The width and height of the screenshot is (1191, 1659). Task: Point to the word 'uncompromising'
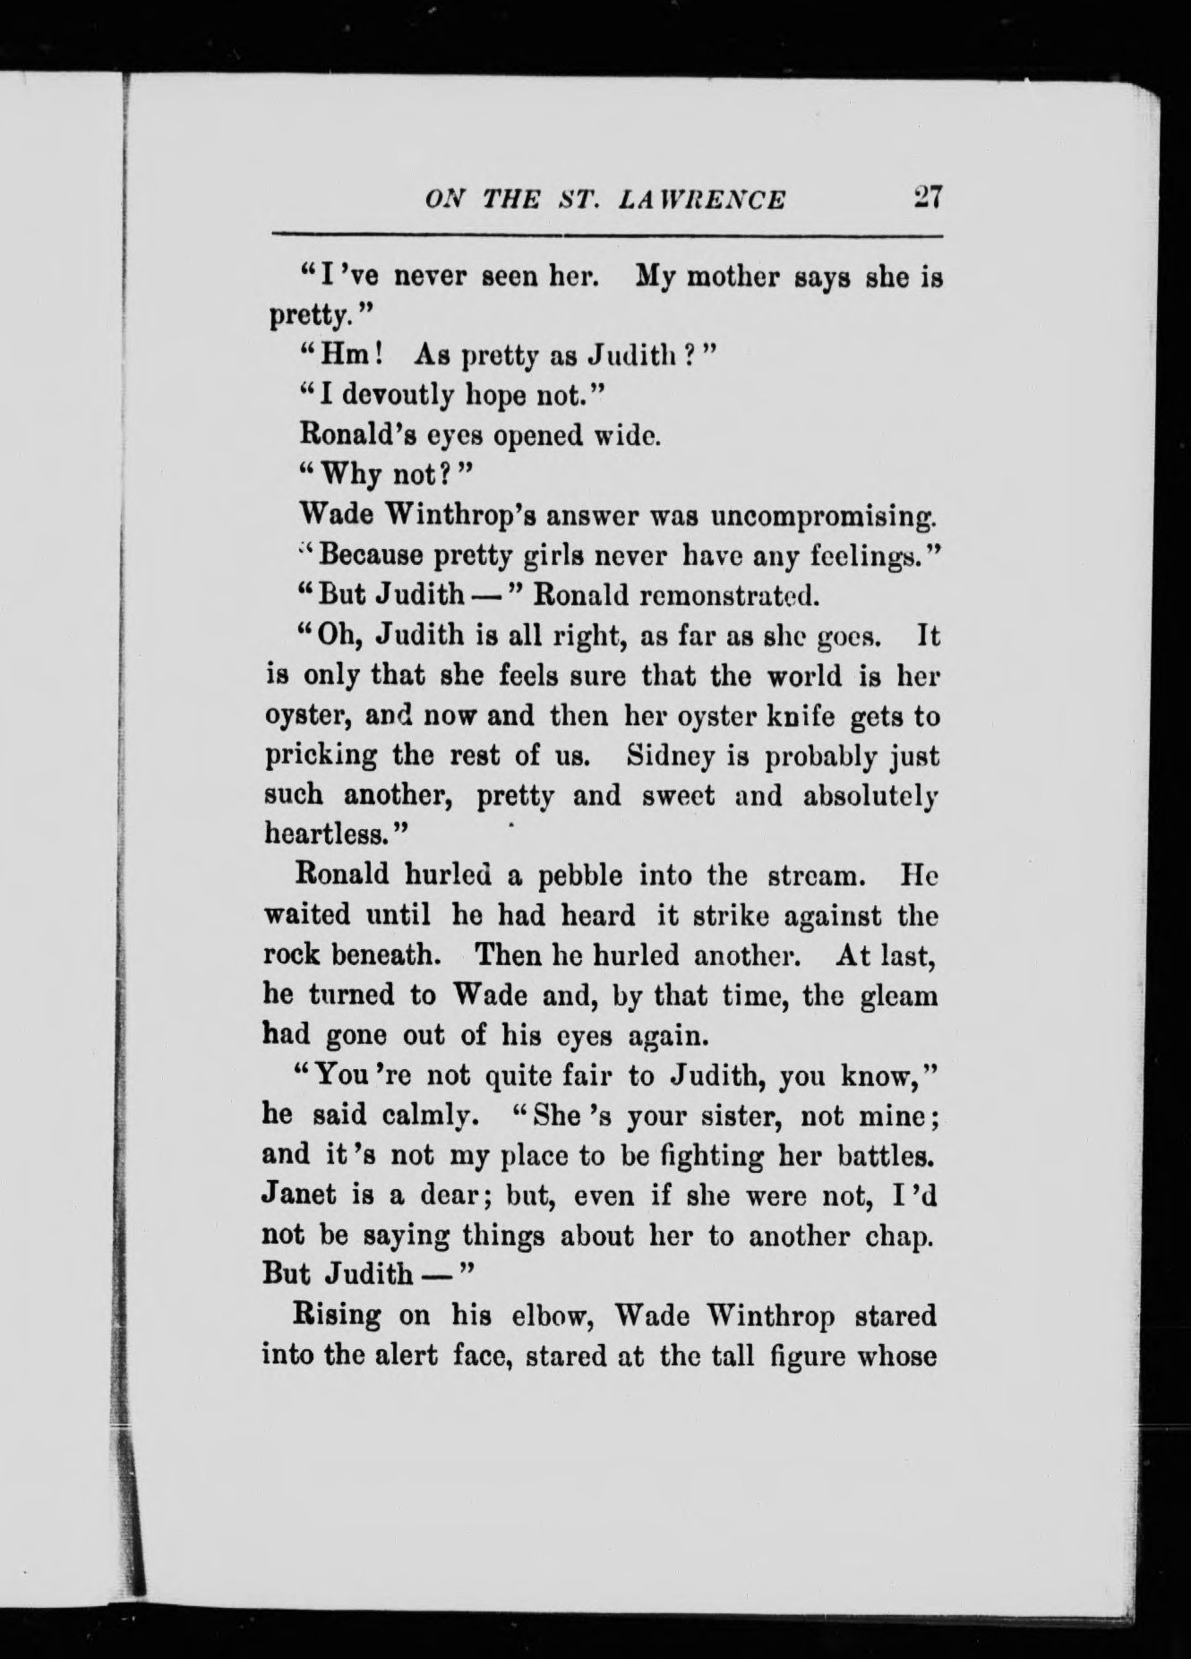tap(823, 517)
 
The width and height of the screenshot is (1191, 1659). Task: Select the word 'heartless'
tap(326, 834)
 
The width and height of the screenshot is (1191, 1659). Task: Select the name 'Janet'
tap(299, 1195)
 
